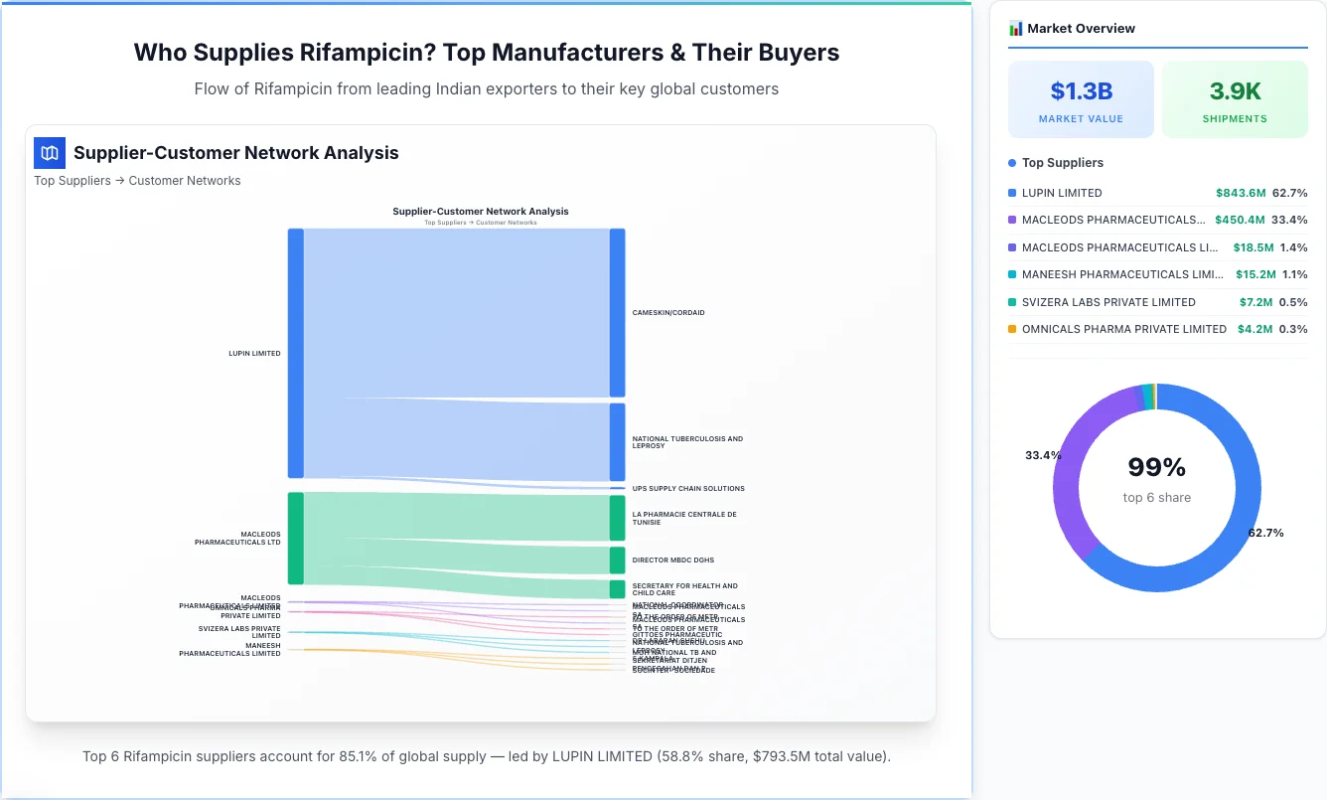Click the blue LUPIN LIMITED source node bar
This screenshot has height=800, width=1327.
(295, 353)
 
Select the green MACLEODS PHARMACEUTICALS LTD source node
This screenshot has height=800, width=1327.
(295, 538)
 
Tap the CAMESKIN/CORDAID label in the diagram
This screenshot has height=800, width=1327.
(667, 313)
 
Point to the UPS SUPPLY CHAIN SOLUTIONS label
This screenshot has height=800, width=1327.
(687, 489)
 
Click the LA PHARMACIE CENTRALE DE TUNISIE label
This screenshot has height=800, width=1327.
(683, 518)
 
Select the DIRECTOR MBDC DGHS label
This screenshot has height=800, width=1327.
(672, 560)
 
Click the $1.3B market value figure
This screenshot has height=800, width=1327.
(1081, 91)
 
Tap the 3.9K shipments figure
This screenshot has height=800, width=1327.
(1235, 91)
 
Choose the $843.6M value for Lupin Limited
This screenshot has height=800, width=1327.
(1240, 193)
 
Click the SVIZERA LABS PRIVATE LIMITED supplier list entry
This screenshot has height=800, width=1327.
(1108, 302)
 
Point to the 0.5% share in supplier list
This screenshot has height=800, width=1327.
(1293, 302)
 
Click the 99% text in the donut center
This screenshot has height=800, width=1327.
(1157, 467)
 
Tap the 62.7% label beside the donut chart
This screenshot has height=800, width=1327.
(1265, 533)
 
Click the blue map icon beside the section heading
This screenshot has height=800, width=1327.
(50, 153)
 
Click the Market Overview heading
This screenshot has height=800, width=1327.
(1081, 29)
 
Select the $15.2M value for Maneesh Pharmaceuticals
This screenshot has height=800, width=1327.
(1244, 274)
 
